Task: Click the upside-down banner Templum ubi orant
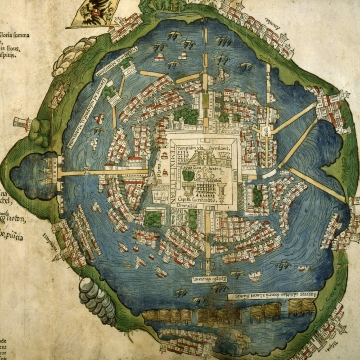pos(207,279)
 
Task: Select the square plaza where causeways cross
pos(265,130)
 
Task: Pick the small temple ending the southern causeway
pos(207,270)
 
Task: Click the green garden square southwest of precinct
pos(153,219)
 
